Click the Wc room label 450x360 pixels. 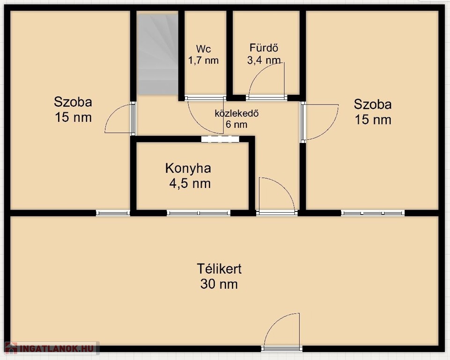pos(204,49)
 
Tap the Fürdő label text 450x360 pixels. pos(264,48)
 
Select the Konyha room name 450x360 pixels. pos(188,168)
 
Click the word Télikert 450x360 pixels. pos(219,269)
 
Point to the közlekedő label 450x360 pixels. pos(237,113)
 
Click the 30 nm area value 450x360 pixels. pos(219,285)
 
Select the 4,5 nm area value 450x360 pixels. pos(190,184)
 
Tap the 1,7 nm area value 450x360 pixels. pos(204,60)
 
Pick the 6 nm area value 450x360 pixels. pos(236,125)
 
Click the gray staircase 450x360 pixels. pos(157,54)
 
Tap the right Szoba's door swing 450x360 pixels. pos(319,122)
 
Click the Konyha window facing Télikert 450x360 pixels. pos(199,213)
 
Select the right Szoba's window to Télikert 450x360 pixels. pos(373,213)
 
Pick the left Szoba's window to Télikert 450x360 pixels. pos(113,213)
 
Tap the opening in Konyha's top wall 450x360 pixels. pos(220,139)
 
